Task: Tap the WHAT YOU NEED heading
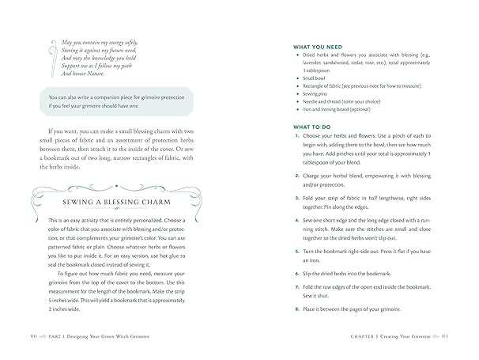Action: [318, 47]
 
